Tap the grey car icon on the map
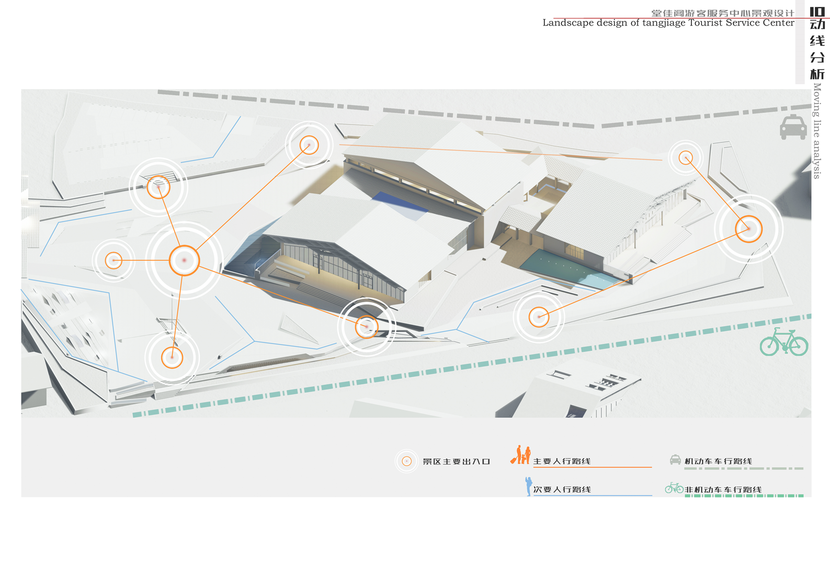[x=793, y=127]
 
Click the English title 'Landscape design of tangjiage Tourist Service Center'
[x=668, y=23]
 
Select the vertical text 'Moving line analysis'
[x=817, y=131]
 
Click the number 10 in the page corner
[x=817, y=12]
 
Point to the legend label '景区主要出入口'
[x=456, y=461]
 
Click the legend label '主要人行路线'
[x=562, y=461]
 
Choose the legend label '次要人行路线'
[x=562, y=490]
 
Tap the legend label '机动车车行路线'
[x=718, y=461]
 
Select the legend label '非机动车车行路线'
[x=723, y=490]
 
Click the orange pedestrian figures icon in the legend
[x=521, y=455]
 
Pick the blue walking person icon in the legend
[x=528, y=486]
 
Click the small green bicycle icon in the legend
[x=674, y=488]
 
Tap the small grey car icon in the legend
[x=675, y=460]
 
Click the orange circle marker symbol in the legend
[x=406, y=461]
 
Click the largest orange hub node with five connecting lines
[x=184, y=260]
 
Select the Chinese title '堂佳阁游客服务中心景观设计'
[x=722, y=13]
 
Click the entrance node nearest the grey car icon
[x=686, y=157]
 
